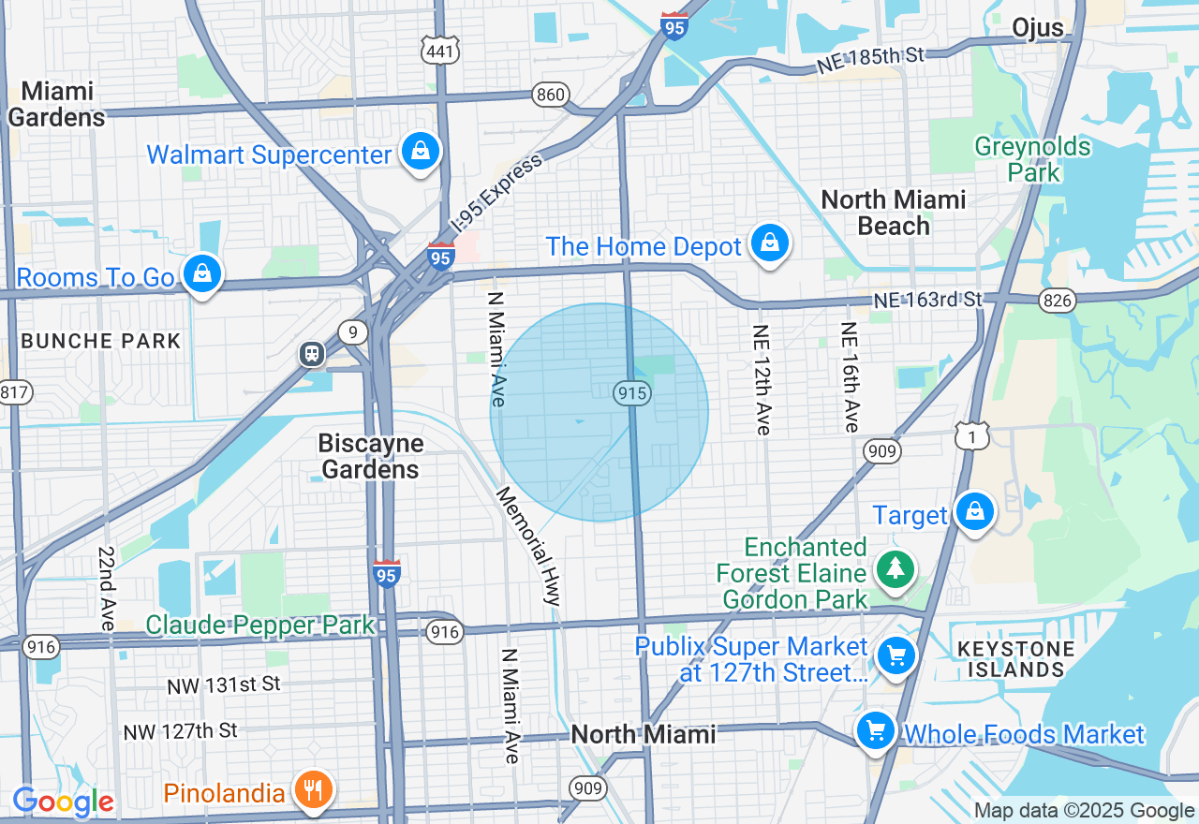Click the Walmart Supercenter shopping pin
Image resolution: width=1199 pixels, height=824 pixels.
(421, 151)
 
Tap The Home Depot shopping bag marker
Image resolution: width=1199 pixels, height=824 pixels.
(769, 243)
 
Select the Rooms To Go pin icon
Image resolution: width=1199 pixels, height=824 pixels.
(201, 273)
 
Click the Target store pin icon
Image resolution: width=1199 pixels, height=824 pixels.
(974, 512)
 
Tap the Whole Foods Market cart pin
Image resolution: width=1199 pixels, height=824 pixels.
(876, 730)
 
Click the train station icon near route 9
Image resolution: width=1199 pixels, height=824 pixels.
(312, 354)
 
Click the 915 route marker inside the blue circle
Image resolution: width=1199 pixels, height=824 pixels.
(633, 393)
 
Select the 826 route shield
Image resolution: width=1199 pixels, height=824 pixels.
(1057, 300)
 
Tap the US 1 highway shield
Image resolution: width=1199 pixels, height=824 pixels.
(972, 435)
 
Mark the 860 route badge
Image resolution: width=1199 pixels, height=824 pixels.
(551, 94)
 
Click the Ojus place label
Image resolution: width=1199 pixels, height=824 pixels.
(1038, 28)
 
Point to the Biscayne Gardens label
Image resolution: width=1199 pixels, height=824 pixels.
(371, 456)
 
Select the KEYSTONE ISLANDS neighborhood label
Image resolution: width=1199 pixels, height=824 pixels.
(1009, 658)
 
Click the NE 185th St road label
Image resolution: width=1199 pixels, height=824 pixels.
(870, 58)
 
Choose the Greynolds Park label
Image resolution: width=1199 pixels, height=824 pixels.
(1032, 159)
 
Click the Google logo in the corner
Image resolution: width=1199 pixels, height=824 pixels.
(64, 802)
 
